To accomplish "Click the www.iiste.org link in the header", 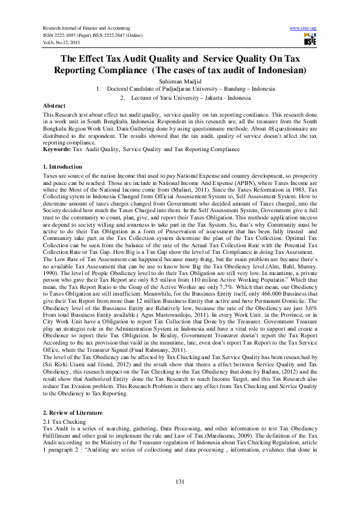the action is click(x=304, y=28).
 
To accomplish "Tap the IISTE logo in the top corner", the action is click(x=310, y=40).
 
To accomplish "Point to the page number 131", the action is click(x=180, y=481).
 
